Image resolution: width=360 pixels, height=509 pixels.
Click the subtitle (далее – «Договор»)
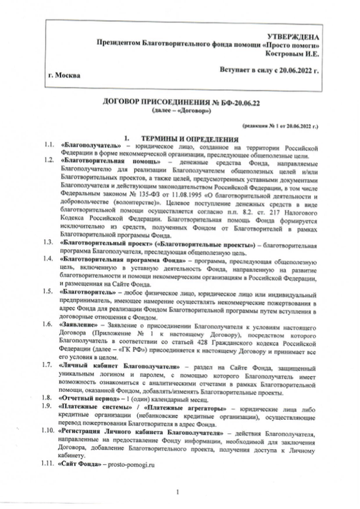pyautogui.click(x=180, y=113)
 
